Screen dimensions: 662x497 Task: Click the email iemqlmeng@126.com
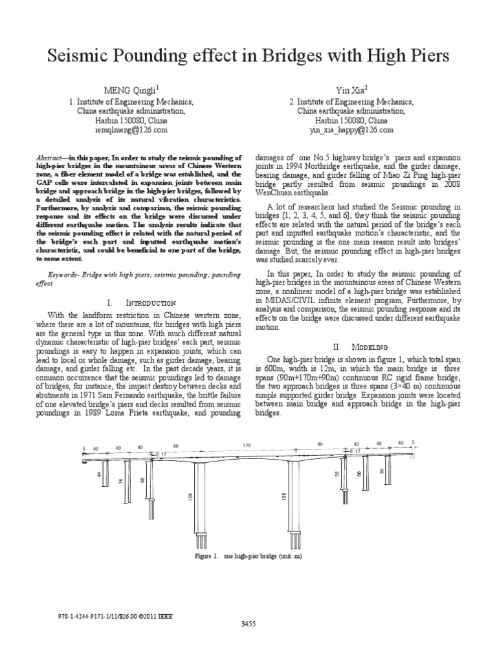[130, 129]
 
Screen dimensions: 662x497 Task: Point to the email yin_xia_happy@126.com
[351, 129]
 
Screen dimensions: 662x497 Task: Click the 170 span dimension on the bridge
[247, 445]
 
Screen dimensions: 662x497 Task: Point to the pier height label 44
[100, 475]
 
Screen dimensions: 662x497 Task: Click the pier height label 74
[121, 482]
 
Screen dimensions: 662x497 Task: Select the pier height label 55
[337, 474]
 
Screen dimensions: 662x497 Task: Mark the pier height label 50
[382, 471]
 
